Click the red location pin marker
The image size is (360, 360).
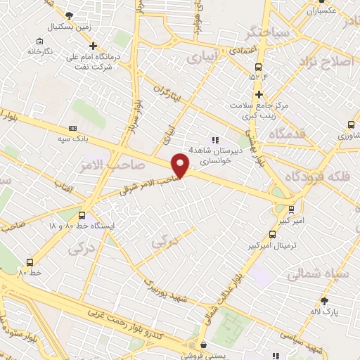tap(181, 165)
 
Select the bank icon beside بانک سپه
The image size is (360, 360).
tap(72, 129)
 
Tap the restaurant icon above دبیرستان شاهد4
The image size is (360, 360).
tap(215, 140)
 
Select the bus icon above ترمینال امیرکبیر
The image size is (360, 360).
tap(271, 234)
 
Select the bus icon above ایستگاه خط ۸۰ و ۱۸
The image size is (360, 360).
tap(82, 215)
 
